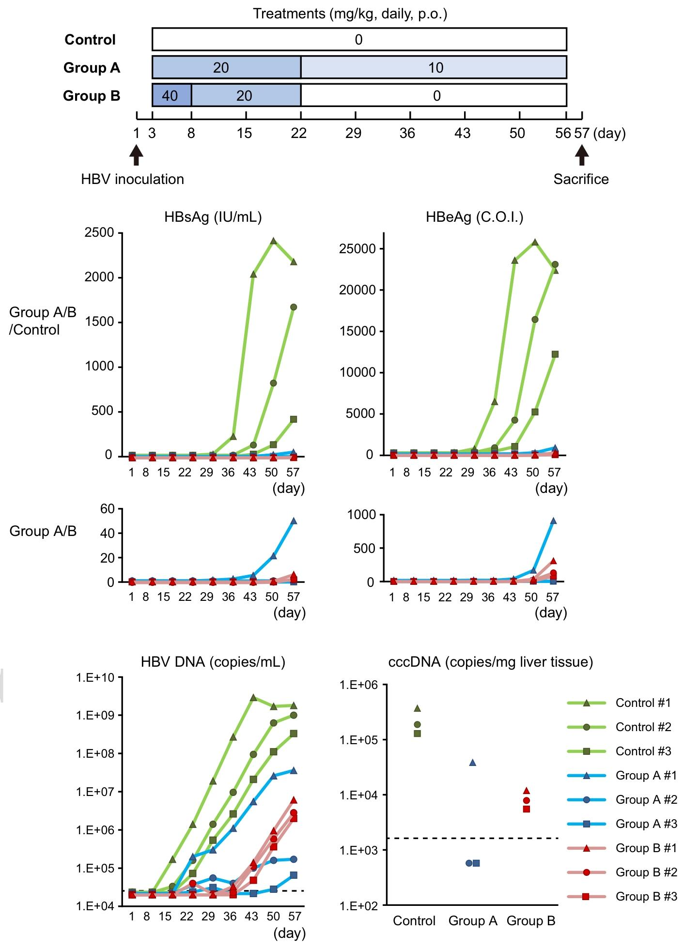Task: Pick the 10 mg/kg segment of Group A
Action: pyautogui.click(x=434, y=67)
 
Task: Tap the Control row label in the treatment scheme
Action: pyautogui.click(x=90, y=40)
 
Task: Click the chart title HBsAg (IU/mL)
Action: pyautogui.click(x=213, y=217)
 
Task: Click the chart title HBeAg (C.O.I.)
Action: pyautogui.click(x=474, y=217)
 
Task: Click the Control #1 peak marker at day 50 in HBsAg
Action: pyautogui.click(x=273, y=241)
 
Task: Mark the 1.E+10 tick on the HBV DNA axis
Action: pyautogui.click(x=94, y=677)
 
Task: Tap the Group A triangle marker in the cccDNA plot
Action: pyautogui.click(x=473, y=763)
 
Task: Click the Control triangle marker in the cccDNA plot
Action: pyautogui.click(x=418, y=708)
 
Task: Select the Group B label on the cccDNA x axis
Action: pyautogui.click(x=530, y=920)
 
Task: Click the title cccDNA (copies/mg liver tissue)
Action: pyautogui.click(x=490, y=662)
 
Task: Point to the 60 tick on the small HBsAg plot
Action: pyautogui.click(x=107, y=509)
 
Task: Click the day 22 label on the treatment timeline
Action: pyautogui.click(x=299, y=133)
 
